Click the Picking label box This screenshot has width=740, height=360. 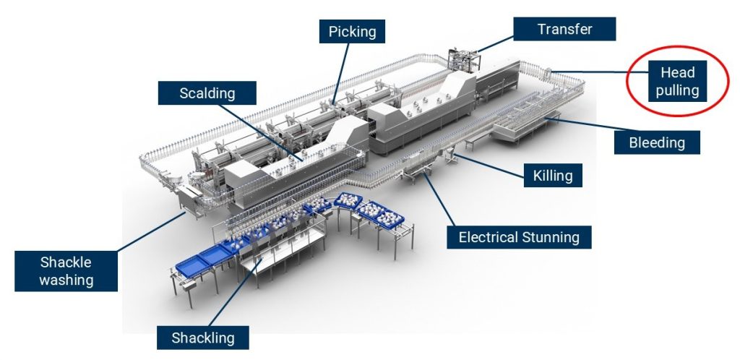click(x=352, y=32)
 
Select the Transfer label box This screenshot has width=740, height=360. click(x=564, y=29)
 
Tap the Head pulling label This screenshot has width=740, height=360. click(x=677, y=81)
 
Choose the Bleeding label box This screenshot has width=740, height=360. click(x=657, y=142)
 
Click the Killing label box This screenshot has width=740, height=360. click(x=553, y=176)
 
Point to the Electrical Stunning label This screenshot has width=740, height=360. click(x=519, y=236)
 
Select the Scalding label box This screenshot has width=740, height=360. click(x=207, y=93)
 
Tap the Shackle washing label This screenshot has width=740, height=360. click(x=66, y=270)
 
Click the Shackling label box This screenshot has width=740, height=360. click(x=203, y=337)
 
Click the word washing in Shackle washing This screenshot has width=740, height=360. click(x=67, y=279)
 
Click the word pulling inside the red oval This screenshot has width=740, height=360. click(x=678, y=90)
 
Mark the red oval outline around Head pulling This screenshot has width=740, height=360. click(x=627, y=81)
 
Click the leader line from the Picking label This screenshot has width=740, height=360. click(x=340, y=72)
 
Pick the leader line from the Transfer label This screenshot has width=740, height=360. click(x=495, y=41)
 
